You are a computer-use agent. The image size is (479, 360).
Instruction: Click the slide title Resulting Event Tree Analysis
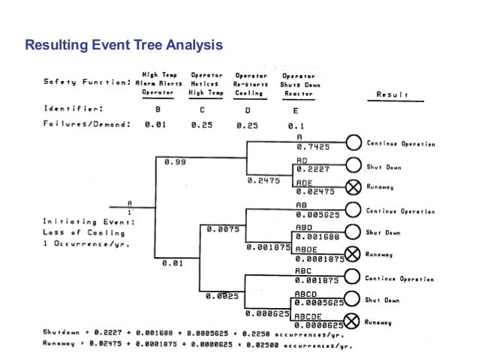tap(124, 47)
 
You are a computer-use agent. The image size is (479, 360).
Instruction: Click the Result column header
tap(393, 95)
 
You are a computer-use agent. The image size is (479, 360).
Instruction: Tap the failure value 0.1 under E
tap(296, 125)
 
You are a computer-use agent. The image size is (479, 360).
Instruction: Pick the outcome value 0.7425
tap(309, 147)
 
